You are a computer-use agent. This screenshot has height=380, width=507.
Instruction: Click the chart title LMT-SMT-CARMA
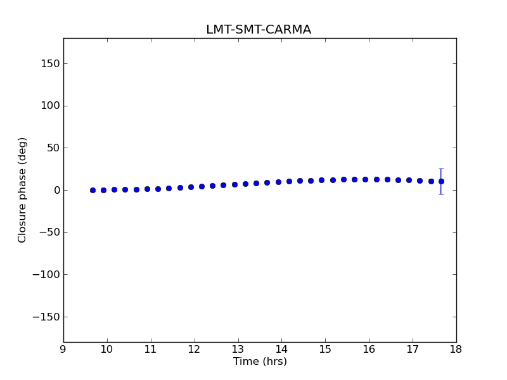click(259, 30)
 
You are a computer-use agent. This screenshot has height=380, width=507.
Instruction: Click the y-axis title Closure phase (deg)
click(23, 190)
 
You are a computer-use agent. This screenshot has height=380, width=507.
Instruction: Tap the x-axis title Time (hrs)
click(260, 362)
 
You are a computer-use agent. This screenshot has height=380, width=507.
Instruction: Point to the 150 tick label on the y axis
click(51, 63)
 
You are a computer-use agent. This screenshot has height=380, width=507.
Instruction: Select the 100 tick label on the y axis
click(51, 106)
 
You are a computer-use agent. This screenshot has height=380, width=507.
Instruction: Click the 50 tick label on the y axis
click(53, 148)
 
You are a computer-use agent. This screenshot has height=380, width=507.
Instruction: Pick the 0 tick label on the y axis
click(56, 190)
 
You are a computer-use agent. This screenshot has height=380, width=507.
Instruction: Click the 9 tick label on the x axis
click(63, 350)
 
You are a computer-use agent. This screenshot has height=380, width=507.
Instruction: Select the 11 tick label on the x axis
click(150, 350)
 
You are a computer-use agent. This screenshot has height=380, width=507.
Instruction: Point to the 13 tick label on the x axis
click(238, 350)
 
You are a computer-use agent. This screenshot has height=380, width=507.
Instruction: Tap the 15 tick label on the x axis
click(325, 350)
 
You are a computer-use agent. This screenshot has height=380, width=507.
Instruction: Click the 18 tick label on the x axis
click(456, 350)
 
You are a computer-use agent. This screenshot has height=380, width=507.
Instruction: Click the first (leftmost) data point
click(93, 190)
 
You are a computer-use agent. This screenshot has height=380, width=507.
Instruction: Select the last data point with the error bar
click(441, 181)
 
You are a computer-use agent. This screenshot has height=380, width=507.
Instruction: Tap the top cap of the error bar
click(441, 168)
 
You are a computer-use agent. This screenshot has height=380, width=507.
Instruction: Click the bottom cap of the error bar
click(441, 194)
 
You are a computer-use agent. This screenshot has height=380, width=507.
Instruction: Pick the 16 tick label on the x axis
click(369, 350)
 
